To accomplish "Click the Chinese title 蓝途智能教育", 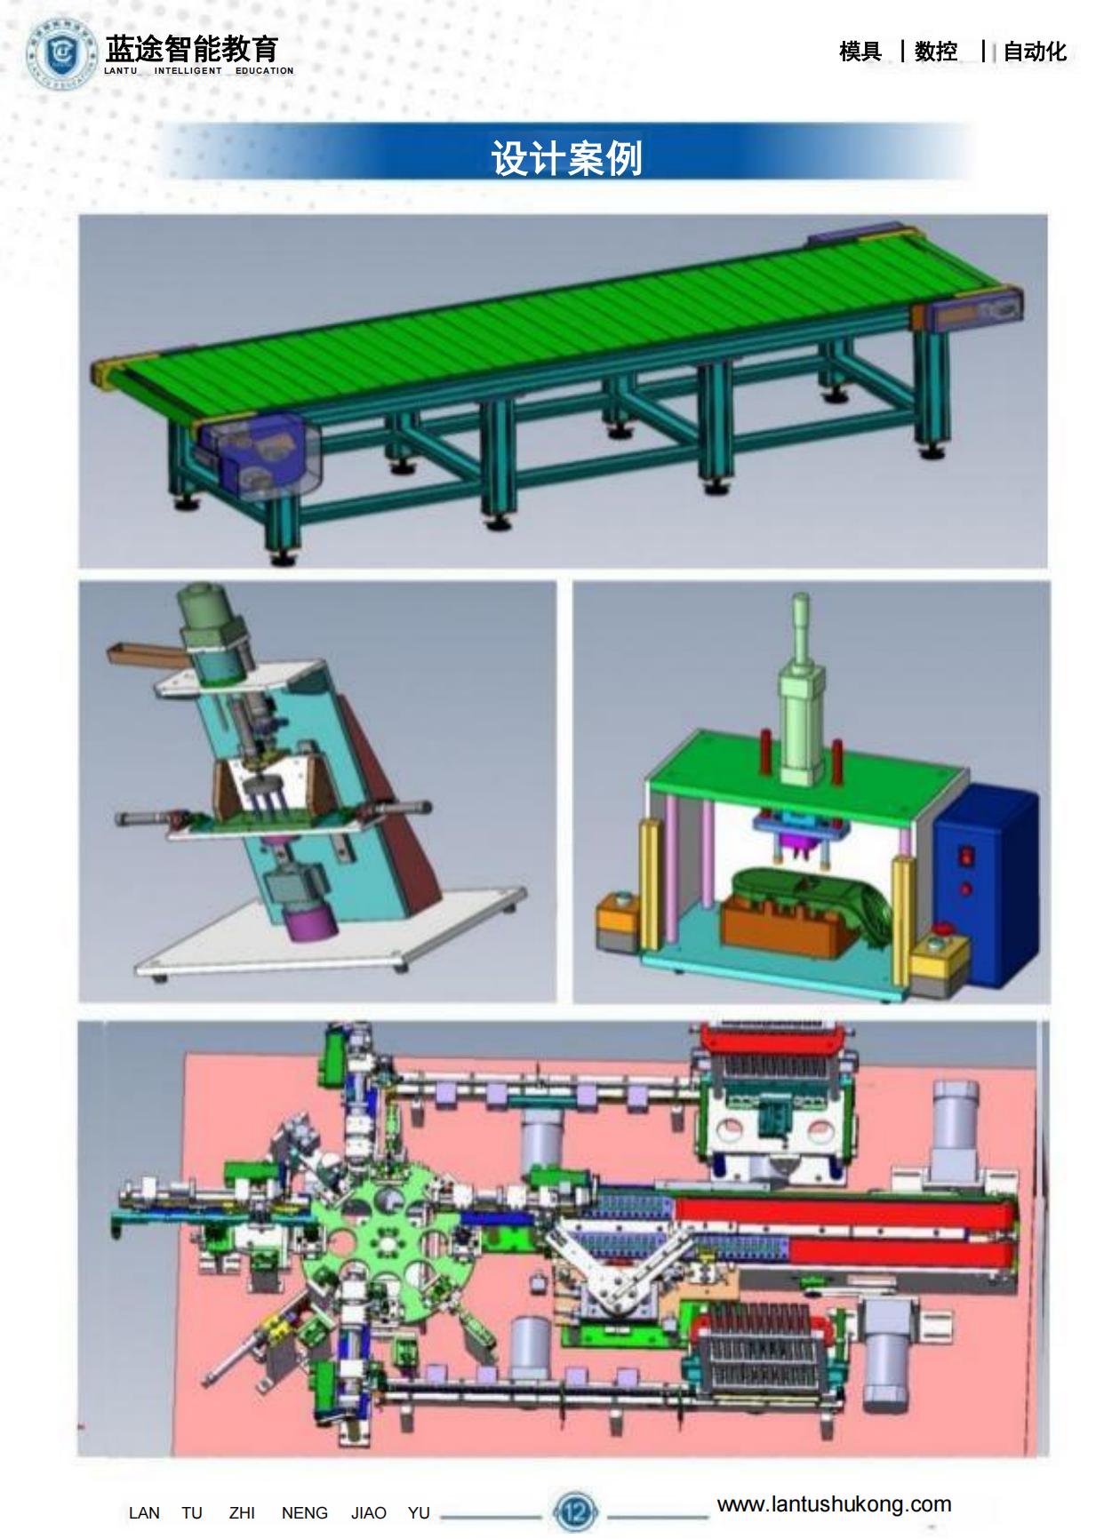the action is coord(191,48).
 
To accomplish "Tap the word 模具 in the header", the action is coord(860,52).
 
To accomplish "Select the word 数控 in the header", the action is coord(936,52).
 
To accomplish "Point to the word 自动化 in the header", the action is coord(1035,52).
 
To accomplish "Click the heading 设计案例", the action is coord(566,158).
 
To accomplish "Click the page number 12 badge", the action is coord(575,1511).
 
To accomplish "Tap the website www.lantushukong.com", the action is coord(834,1504).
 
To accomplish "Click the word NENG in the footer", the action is coord(305,1513).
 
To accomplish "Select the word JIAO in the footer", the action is coord(368,1513).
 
